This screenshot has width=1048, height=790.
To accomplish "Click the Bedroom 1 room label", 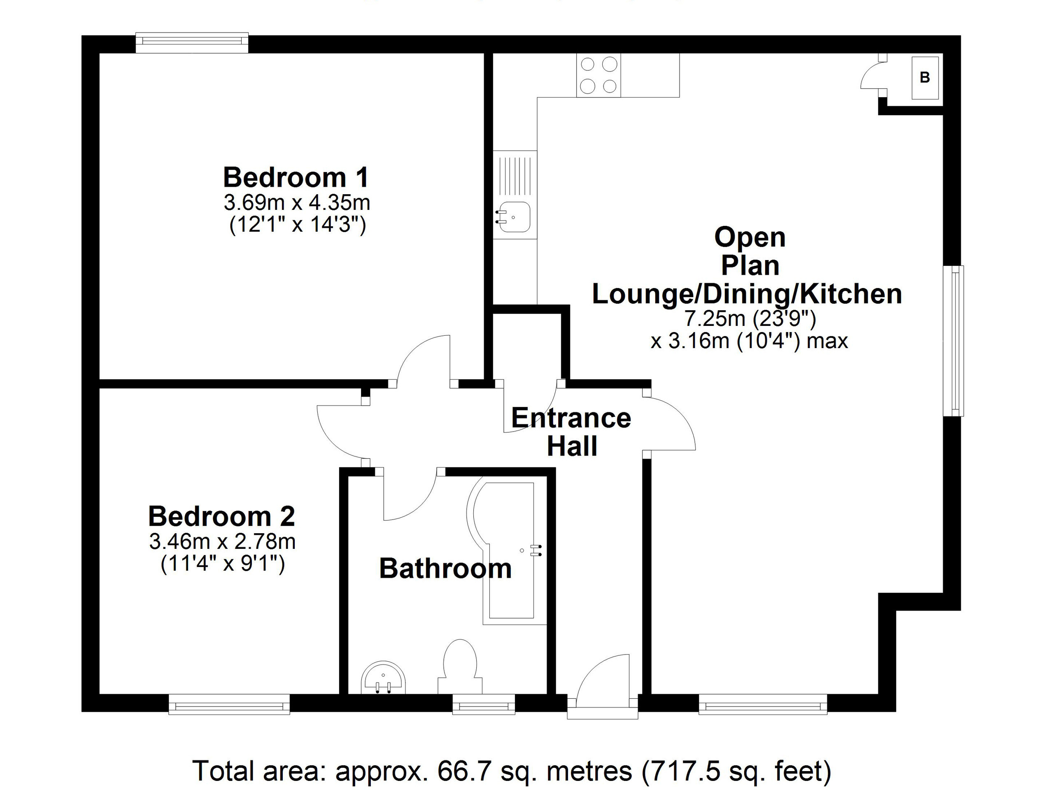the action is pyautogui.click(x=296, y=177).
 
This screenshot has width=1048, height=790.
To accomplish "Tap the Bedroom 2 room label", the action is pyautogui.click(x=222, y=516).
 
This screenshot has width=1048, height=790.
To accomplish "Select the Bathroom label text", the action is pyautogui.click(x=445, y=568).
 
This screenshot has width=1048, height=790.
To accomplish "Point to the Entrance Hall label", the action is pyautogui.click(x=571, y=432).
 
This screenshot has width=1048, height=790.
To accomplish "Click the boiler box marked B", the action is pyautogui.click(x=925, y=78).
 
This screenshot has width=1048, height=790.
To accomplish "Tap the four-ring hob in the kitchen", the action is pyautogui.click(x=599, y=75).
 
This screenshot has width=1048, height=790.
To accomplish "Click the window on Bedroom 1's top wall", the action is pyautogui.click(x=192, y=43).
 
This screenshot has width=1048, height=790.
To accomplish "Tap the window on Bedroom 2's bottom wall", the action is pyautogui.click(x=229, y=704).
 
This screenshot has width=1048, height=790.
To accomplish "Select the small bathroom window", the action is pyautogui.click(x=484, y=704).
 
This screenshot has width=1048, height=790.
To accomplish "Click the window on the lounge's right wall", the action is pyautogui.click(x=953, y=341).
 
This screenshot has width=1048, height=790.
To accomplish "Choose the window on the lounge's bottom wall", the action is pyautogui.click(x=763, y=704).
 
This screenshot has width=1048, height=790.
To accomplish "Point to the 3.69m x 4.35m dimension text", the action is pyautogui.click(x=297, y=203).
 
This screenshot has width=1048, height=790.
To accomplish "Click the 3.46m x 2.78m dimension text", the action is pyautogui.click(x=222, y=542).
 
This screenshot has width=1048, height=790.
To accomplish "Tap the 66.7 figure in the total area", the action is pyautogui.click(x=458, y=771).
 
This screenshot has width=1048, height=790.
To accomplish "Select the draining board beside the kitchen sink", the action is pyautogui.click(x=515, y=176).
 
